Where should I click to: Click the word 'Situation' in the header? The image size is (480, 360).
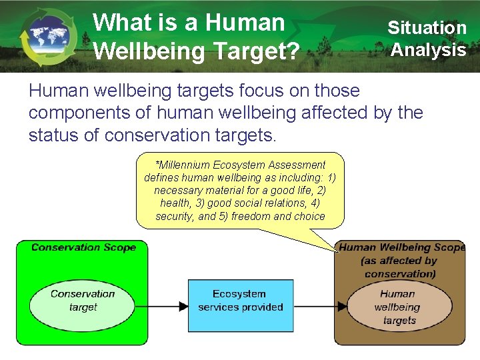pyautogui.click(x=427, y=28)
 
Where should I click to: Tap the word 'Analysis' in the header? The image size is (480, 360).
pyautogui.click(x=428, y=50)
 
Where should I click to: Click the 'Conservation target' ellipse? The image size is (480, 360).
pyautogui.click(x=83, y=301)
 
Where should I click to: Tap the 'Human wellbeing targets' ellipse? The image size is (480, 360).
pyautogui.click(x=399, y=307)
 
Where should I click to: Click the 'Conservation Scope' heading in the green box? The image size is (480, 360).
pyautogui.click(x=83, y=247)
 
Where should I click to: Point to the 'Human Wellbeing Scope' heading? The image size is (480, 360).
pyautogui.click(x=402, y=247)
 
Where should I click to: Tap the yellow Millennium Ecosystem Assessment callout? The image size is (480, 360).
pyautogui.click(x=240, y=190)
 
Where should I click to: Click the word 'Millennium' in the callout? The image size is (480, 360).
pyautogui.click(x=184, y=165)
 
